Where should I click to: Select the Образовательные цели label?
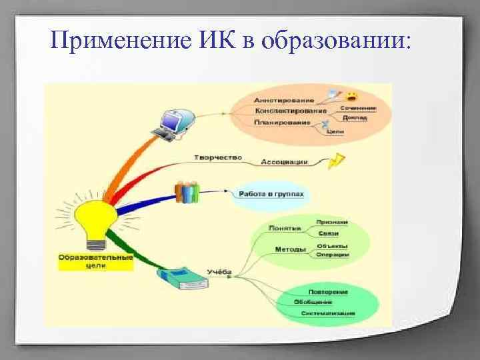click(95, 261)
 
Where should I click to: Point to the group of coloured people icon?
click(187, 192)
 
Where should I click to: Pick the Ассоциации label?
click(285, 161)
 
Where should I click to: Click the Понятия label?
click(285, 227)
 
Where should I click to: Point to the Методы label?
click(291, 249)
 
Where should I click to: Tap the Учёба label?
click(219, 272)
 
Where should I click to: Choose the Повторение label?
click(328, 291)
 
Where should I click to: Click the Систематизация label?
click(328, 313)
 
